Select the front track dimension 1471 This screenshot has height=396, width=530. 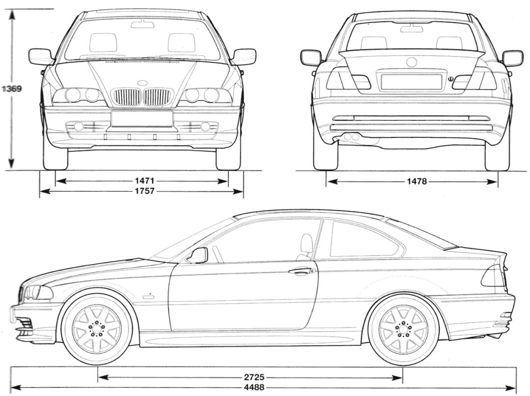(x=142, y=181)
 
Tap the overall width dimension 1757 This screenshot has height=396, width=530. (x=142, y=191)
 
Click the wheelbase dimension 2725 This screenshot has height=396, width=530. (x=254, y=377)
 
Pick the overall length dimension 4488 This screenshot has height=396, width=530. (x=254, y=388)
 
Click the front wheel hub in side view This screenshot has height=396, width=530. (x=97, y=329)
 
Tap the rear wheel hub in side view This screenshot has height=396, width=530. (x=404, y=329)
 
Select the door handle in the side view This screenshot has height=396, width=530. (x=301, y=270)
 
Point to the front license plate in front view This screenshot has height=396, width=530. (x=142, y=118)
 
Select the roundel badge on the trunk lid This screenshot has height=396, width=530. (x=411, y=62)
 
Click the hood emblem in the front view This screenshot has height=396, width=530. (x=142, y=83)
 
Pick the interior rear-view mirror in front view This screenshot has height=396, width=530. (x=142, y=24)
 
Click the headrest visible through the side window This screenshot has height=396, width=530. (x=307, y=243)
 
